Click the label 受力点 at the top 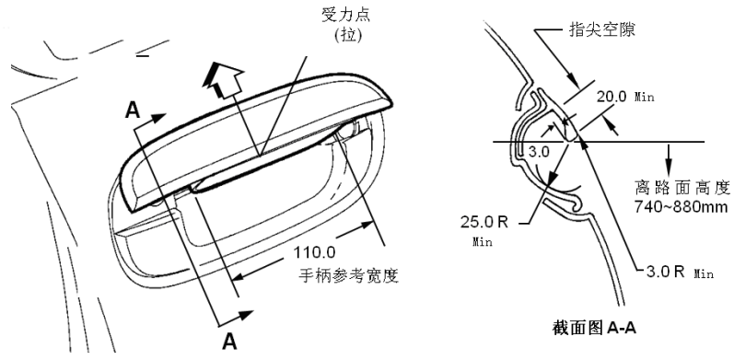click(x=345, y=14)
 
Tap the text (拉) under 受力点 click(x=348, y=36)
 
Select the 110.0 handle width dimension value click(x=314, y=252)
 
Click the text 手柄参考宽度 click(x=349, y=275)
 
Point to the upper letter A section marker click(x=133, y=110)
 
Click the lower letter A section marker click(x=229, y=342)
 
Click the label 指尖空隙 click(x=601, y=30)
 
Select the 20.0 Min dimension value click(x=625, y=97)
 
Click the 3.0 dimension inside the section click(x=539, y=152)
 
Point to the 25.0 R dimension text click(x=484, y=222)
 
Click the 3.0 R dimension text click(x=665, y=272)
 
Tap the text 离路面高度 click(x=682, y=189)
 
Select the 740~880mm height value click(x=682, y=206)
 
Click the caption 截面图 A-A click(x=594, y=328)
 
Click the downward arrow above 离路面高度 click(x=668, y=158)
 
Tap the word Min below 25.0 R click(x=483, y=242)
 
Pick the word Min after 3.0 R click(x=704, y=273)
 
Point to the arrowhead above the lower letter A click(x=245, y=315)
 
